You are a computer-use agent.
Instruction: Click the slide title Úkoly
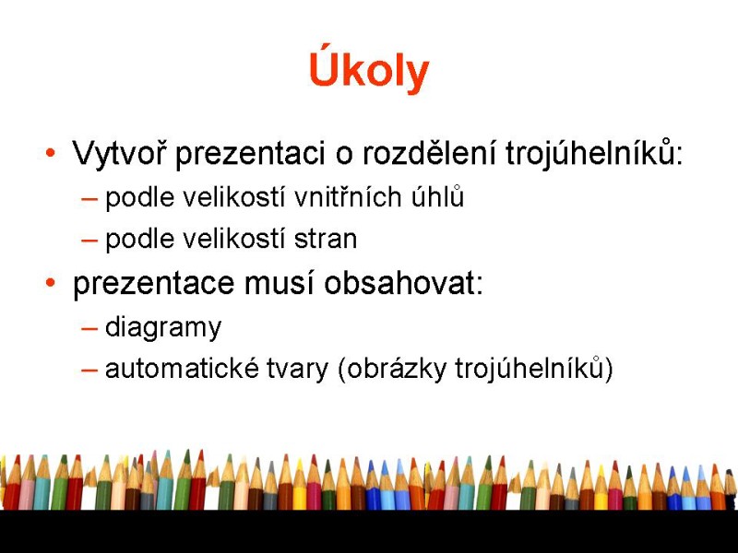(x=369, y=71)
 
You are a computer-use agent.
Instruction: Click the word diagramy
(x=163, y=328)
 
